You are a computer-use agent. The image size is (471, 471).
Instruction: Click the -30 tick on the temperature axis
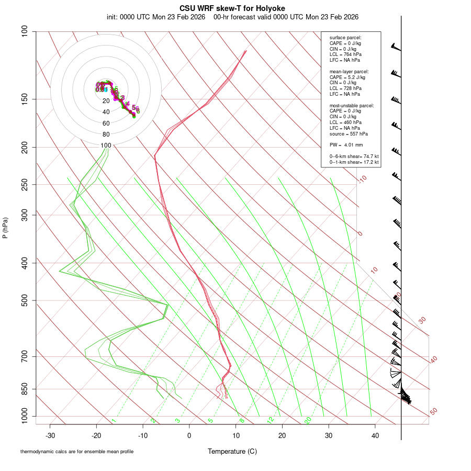pos(50,435)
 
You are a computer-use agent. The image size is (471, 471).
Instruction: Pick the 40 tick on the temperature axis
pos(375,435)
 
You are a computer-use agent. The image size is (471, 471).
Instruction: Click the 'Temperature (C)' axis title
pos(232,451)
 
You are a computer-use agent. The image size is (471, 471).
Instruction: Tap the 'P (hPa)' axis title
pos(5,228)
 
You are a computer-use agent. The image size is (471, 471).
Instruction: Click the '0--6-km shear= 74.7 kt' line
pos(354,156)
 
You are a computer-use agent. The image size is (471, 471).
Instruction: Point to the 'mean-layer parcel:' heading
pos(349,71)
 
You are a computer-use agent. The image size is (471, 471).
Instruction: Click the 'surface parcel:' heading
pos(345,38)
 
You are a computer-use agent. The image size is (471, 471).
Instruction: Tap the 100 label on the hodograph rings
pos(106,145)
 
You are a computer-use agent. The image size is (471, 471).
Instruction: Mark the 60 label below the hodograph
pos(106,124)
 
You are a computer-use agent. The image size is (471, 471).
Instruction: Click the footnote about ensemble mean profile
pos(77,451)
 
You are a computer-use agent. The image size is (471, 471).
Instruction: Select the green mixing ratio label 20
pos(308,420)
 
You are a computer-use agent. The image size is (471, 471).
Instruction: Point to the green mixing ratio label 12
pos(271,420)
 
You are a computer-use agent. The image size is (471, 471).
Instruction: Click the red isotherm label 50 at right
pos(433,412)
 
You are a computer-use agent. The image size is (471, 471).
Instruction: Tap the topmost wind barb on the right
pos(396,48)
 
